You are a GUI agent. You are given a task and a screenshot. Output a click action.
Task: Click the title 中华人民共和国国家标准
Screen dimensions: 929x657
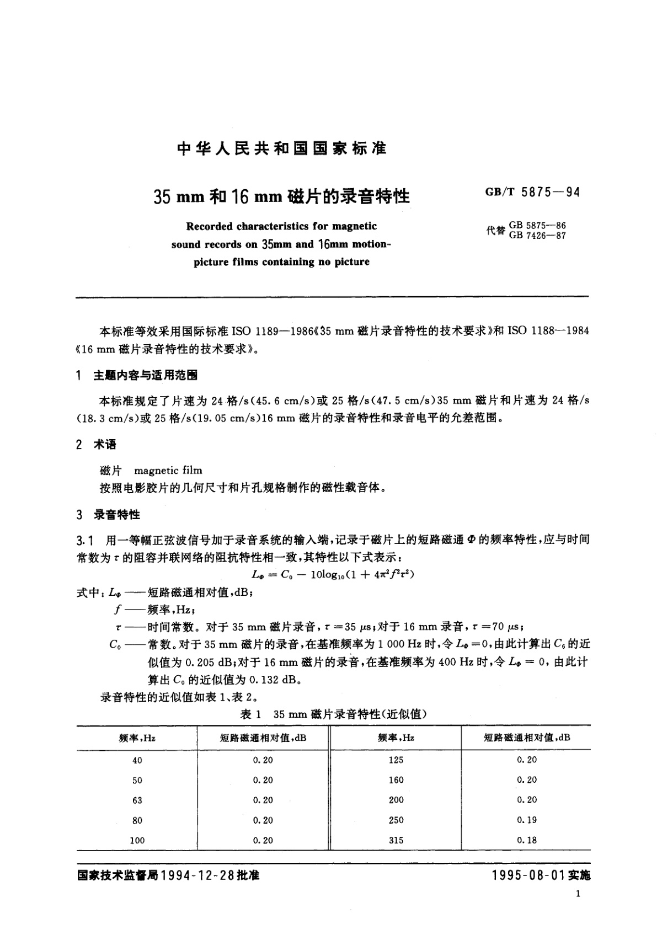click(282, 149)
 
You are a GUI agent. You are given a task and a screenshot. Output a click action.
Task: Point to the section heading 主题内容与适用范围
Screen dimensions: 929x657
click(146, 376)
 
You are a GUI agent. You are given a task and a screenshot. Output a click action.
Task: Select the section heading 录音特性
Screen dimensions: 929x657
click(117, 515)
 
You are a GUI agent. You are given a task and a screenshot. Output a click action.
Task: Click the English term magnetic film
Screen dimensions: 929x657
click(168, 471)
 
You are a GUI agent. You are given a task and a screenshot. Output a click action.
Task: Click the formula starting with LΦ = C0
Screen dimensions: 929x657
click(332, 574)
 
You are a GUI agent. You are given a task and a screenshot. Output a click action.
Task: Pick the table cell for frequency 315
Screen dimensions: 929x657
click(396, 840)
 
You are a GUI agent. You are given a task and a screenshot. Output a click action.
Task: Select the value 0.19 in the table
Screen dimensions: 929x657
click(527, 820)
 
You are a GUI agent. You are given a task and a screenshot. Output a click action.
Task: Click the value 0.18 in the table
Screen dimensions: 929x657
click(527, 840)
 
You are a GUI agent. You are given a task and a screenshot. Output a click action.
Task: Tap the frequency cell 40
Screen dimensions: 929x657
click(137, 760)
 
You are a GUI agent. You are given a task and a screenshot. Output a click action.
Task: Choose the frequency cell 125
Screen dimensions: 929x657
click(396, 760)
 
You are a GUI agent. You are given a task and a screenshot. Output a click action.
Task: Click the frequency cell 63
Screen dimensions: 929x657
click(137, 800)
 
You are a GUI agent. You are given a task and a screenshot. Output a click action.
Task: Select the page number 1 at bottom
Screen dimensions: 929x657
click(578, 894)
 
